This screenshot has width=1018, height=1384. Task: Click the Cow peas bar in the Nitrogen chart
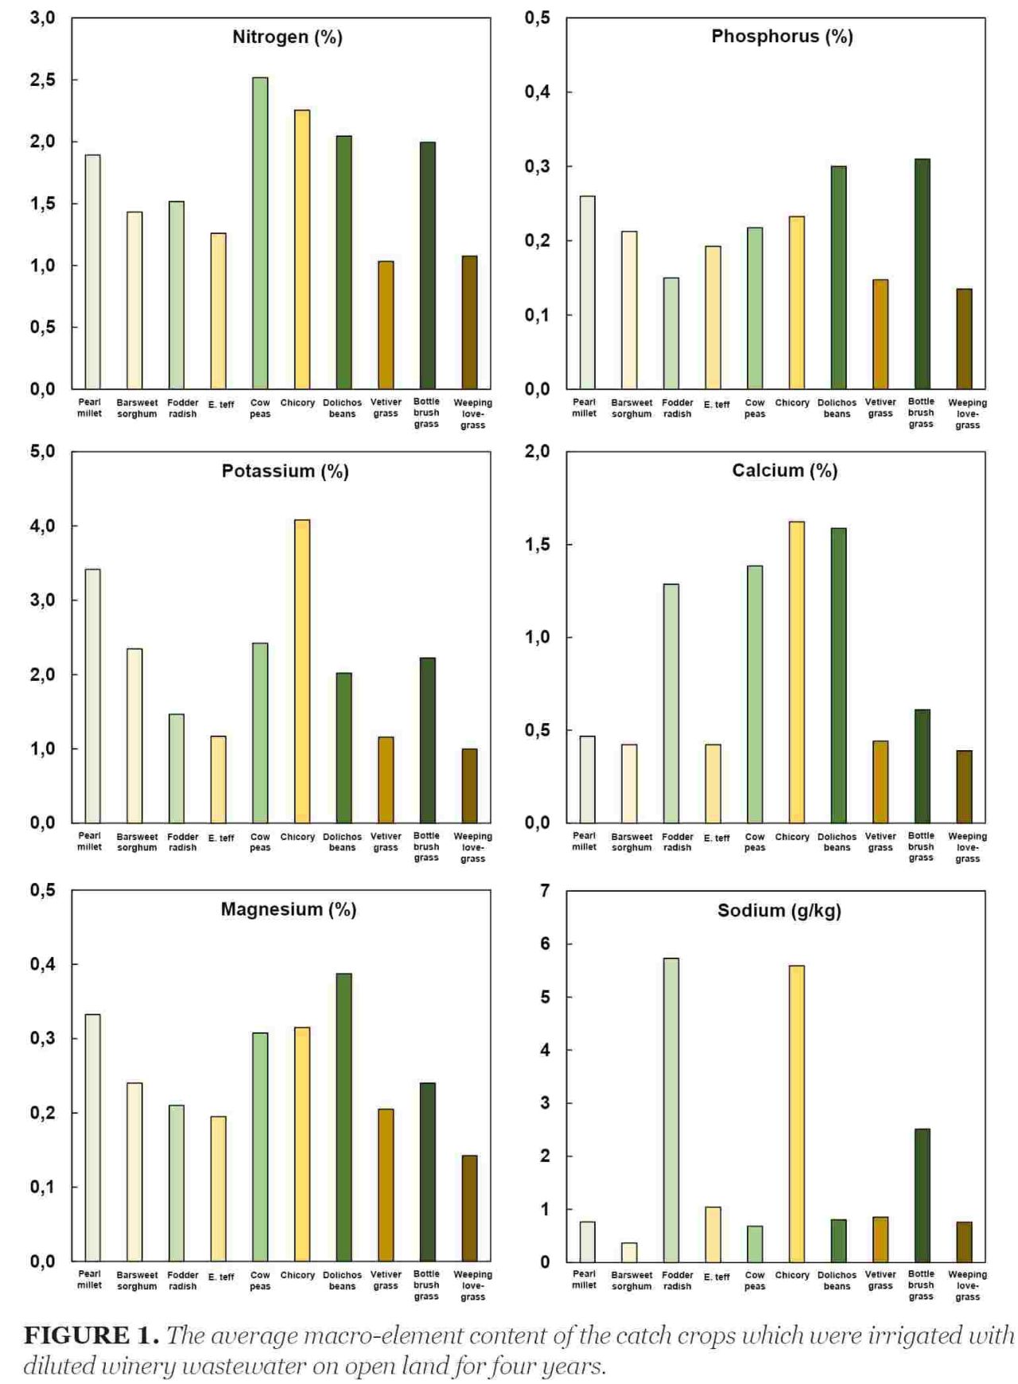260,233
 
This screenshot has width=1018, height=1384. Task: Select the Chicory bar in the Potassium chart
302,671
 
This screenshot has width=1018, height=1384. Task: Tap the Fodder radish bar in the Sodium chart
671,1110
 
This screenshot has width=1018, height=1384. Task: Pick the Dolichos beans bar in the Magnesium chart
344,1118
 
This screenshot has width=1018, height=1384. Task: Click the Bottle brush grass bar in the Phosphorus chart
923,274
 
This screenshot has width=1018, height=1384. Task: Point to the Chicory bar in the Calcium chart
796,672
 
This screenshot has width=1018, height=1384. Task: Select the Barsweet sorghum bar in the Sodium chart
629,1252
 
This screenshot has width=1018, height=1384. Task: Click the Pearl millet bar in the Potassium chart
93,696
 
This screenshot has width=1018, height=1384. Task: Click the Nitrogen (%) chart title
287,37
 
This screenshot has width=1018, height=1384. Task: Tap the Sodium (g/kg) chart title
779,911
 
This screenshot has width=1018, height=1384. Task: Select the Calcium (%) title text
785,471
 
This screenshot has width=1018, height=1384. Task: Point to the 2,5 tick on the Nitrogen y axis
43,80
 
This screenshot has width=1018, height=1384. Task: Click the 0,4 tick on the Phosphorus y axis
538,92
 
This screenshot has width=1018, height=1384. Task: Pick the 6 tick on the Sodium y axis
545,944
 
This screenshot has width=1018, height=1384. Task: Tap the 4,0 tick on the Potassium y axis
43,526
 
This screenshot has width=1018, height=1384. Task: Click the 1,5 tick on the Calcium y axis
538,545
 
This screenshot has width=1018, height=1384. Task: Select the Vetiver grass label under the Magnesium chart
386,1280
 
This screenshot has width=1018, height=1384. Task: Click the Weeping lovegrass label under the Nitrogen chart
473,414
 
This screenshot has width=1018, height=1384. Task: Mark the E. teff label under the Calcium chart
717,838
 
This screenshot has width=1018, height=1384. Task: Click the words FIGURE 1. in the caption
91,1335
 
